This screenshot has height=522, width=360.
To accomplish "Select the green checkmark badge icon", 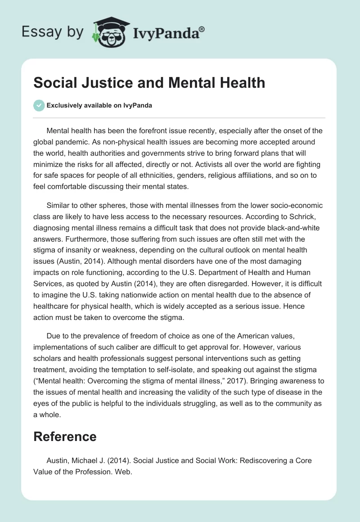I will pos(39,105).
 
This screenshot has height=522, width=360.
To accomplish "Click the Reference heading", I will pos(65,436).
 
